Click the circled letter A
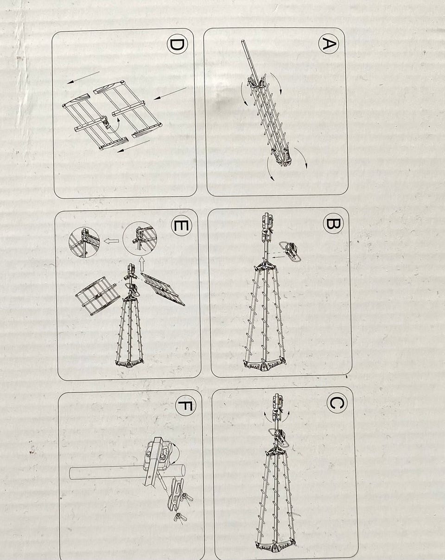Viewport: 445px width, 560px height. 329,44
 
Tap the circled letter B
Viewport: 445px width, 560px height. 333,224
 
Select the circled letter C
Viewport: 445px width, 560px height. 337,403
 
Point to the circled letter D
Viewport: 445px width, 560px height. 177,45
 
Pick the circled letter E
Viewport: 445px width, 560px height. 182,225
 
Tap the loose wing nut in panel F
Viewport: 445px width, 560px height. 180,516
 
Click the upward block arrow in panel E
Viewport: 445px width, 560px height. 141,265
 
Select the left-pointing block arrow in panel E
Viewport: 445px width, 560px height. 112,241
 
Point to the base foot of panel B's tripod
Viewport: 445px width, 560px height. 264,364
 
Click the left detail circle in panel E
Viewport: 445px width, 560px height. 84,242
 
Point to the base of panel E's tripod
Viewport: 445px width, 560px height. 129,360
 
